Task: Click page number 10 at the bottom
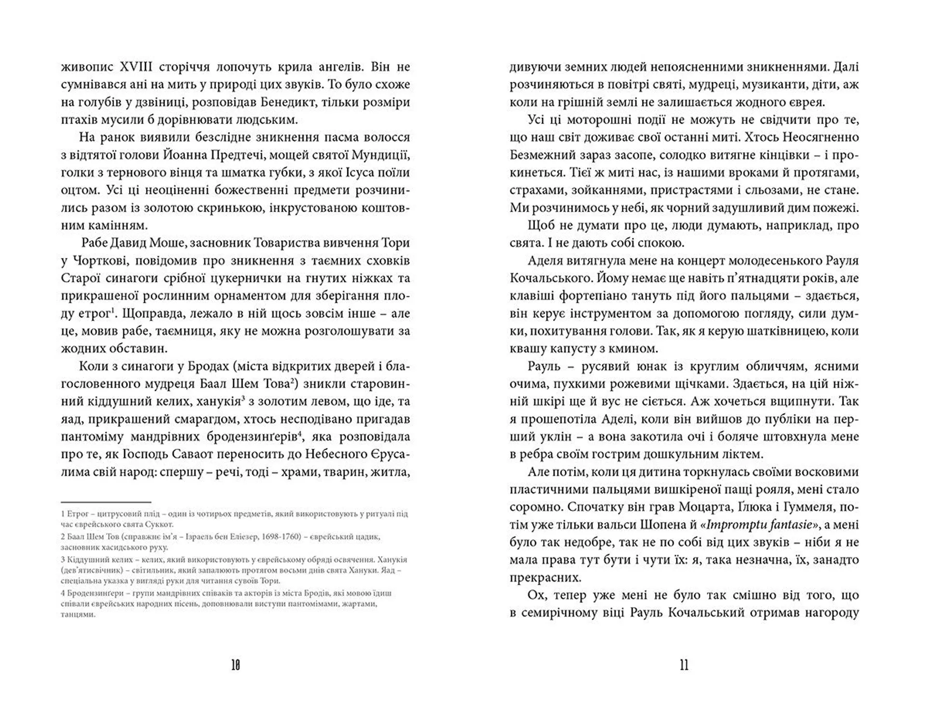pos(236,666)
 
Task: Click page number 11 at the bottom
pos(684,666)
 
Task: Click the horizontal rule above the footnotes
pos(106,502)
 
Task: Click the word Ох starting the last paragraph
pos(536,595)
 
